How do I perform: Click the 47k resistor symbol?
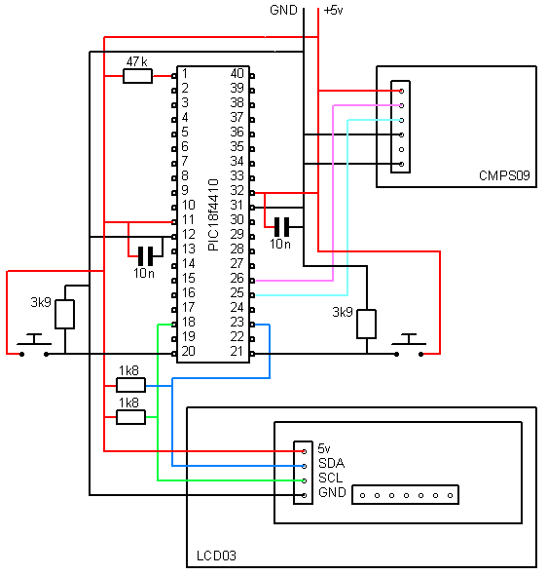[x=137, y=76]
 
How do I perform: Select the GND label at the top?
[x=284, y=10]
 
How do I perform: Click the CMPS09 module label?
[x=503, y=176]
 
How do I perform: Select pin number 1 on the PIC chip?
[x=184, y=73]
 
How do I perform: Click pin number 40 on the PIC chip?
[x=237, y=73]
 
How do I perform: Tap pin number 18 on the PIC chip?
[x=187, y=322]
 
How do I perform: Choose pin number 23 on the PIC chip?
[x=237, y=322]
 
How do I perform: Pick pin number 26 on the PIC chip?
[x=237, y=278]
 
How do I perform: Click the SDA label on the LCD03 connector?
[x=332, y=464]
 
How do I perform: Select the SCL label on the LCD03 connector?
[x=331, y=479]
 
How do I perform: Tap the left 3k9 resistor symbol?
[x=65, y=314]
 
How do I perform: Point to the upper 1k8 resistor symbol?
[x=130, y=384]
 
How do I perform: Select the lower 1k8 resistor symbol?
[x=130, y=417]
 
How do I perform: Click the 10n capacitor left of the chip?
[x=145, y=256]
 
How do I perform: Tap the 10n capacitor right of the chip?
[x=281, y=227]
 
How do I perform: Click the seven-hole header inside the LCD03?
[x=405, y=495]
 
